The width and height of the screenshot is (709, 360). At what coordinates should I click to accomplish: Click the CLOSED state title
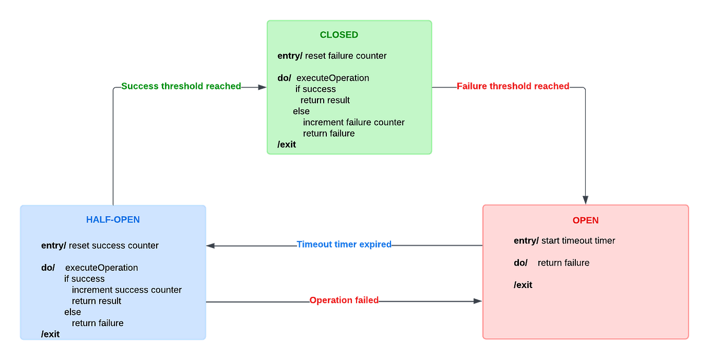click(x=339, y=35)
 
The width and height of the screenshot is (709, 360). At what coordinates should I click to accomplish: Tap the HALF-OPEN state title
click(x=113, y=220)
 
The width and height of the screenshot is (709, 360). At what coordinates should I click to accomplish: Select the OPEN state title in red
click(x=585, y=220)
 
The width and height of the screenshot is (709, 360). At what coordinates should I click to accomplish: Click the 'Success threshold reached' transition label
click(x=181, y=86)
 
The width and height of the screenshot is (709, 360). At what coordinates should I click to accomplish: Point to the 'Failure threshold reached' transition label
click(x=513, y=86)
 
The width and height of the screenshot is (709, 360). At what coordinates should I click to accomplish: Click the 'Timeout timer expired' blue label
click(x=344, y=244)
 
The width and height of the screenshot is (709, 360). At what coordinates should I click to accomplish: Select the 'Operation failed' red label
click(x=344, y=301)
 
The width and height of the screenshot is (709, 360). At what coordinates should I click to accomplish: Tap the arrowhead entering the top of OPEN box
click(x=586, y=199)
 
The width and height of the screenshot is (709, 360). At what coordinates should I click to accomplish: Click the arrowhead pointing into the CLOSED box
click(x=262, y=87)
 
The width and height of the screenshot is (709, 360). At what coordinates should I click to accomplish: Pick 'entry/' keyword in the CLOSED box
click(x=290, y=56)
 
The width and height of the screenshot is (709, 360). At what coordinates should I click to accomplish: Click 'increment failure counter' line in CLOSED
click(x=353, y=122)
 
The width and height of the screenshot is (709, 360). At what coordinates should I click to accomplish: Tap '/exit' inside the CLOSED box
click(x=287, y=145)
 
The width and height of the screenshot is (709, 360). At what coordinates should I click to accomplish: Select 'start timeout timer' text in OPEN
click(x=578, y=241)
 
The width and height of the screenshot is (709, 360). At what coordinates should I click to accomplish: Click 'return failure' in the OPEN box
click(x=563, y=263)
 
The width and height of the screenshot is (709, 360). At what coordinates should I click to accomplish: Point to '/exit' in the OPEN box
click(x=523, y=285)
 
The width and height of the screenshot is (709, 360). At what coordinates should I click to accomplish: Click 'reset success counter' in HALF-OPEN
click(x=113, y=245)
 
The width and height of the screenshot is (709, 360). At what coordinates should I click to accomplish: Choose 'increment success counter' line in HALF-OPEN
click(x=127, y=290)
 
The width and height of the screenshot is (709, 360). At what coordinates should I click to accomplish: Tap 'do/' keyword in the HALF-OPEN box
click(x=48, y=268)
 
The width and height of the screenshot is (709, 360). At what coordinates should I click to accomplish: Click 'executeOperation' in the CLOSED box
click(x=333, y=78)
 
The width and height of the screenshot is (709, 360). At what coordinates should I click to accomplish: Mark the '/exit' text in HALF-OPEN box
click(x=50, y=334)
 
